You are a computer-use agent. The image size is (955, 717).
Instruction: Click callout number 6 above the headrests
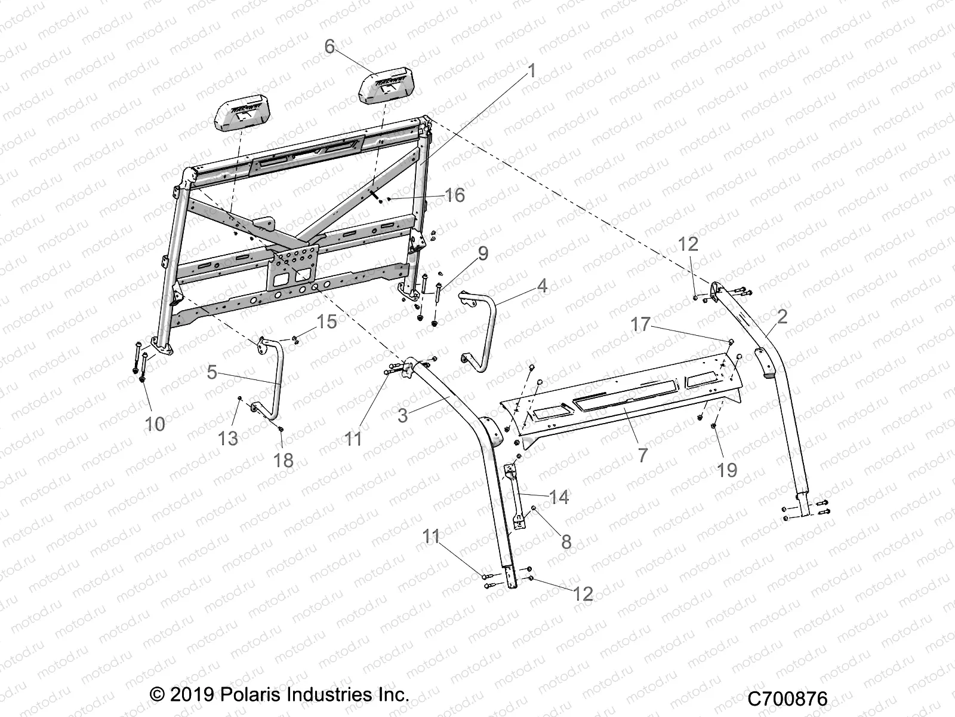(330, 46)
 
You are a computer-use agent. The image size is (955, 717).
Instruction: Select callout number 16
(455, 195)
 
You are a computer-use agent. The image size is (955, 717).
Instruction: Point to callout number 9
(483, 253)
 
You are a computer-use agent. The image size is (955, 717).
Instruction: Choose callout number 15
(326, 321)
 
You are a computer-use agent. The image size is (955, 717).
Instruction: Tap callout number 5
(212, 372)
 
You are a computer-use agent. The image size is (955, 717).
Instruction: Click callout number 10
(155, 424)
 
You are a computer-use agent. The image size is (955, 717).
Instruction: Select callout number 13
(228, 438)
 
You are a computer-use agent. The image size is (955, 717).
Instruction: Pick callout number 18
(284, 459)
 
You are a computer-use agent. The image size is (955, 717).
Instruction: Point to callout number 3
(403, 415)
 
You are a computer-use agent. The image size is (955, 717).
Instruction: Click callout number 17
(640, 324)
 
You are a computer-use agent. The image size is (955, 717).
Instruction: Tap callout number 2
(782, 316)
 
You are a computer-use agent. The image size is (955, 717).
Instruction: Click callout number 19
(727, 470)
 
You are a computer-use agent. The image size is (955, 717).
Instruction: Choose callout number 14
(559, 497)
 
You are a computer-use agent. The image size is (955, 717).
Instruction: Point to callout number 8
(566, 541)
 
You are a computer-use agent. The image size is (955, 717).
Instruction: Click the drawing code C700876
(790, 697)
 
